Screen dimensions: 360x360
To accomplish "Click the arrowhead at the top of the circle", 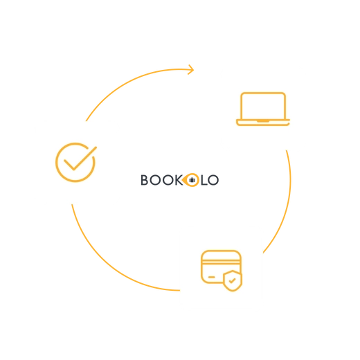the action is tap(191, 70).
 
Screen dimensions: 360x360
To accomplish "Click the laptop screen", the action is tap(263, 106).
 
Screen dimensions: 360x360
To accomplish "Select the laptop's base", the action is tap(263, 123).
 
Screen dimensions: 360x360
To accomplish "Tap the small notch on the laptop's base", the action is tap(263, 121).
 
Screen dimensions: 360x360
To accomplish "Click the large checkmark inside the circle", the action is tap(80, 159).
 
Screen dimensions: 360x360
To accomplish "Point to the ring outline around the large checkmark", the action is tap(56, 163).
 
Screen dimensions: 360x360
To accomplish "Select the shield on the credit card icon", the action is tap(233, 280).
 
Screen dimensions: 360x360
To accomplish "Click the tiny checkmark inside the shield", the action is tap(232, 281).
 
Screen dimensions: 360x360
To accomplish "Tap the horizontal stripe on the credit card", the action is tap(221, 262).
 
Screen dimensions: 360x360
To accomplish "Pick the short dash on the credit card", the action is tap(211, 277).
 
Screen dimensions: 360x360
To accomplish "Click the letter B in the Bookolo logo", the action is tap(145, 180).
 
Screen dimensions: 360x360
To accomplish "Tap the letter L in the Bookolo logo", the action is tap(204, 180).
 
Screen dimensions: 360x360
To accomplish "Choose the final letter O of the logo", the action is tap(213, 180).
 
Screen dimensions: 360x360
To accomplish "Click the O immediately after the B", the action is tap(155, 180).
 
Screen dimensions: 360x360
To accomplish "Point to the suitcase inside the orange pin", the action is tap(192, 180).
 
